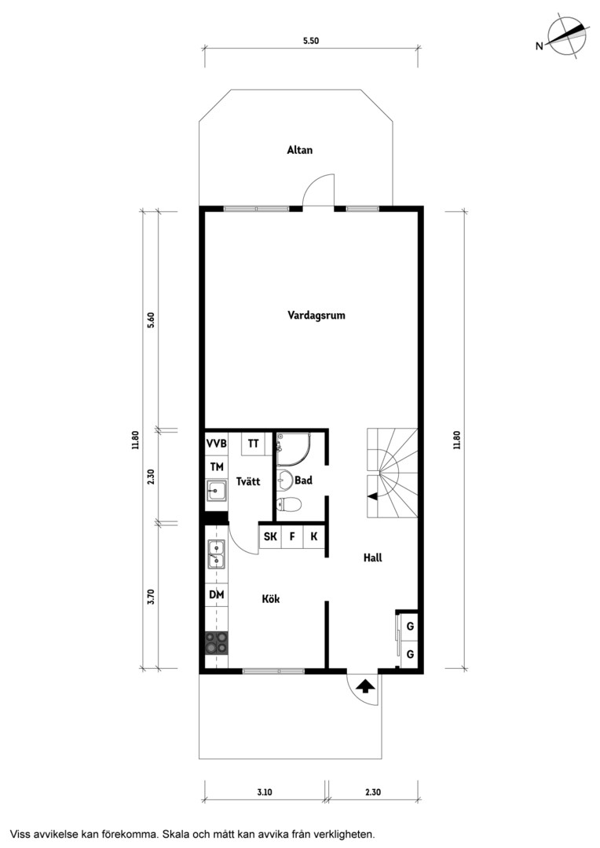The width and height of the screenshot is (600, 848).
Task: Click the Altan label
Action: click(x=300, y=150)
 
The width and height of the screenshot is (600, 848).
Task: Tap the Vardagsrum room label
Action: click(x=316, y=316)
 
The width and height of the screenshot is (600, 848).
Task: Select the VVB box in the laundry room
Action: click(x=217, y=444)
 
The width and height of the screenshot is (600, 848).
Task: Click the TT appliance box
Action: click(x=253, y=444)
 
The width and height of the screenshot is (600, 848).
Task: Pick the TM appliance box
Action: click(x=217, y=466)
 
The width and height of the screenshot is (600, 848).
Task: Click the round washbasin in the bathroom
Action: click(x=284, y=479)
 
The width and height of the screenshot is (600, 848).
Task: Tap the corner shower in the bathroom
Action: click(x=293, y=449)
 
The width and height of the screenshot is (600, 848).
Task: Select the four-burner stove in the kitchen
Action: click(x=217, y=644)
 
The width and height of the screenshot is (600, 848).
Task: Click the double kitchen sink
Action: click(x=217, y=554)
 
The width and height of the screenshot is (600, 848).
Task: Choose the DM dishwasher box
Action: click(x=217, y=594)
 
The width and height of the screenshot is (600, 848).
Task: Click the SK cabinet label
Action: click(x=270, y=536)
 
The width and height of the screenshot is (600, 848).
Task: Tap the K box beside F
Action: click(x=314, y=537)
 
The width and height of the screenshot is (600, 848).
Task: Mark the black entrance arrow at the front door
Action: click(x=366, y=686)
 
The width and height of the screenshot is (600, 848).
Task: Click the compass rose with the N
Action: click(x=566, y=36)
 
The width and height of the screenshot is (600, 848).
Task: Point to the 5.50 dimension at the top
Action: click(x=310, y=41)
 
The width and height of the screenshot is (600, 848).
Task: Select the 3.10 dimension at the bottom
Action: click(x=264, y=792)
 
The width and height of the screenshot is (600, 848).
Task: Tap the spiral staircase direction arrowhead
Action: click(x=371, y=495)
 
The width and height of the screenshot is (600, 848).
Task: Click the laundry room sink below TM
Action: click(x=217, y=492)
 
